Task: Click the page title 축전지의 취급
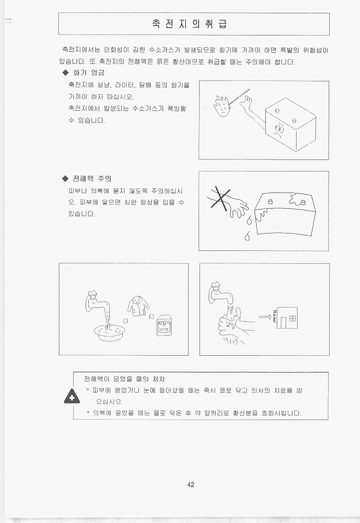coord(190,24)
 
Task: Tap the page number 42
coord(190,485)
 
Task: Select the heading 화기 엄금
coord(89,73)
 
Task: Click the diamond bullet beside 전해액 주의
coord(65,179)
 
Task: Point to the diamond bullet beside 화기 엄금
coord(65,73)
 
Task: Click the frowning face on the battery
coord(278,131)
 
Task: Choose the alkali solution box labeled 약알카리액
coord(164,325)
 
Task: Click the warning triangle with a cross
coord(72,396)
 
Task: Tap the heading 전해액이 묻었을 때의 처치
coord(124,379)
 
